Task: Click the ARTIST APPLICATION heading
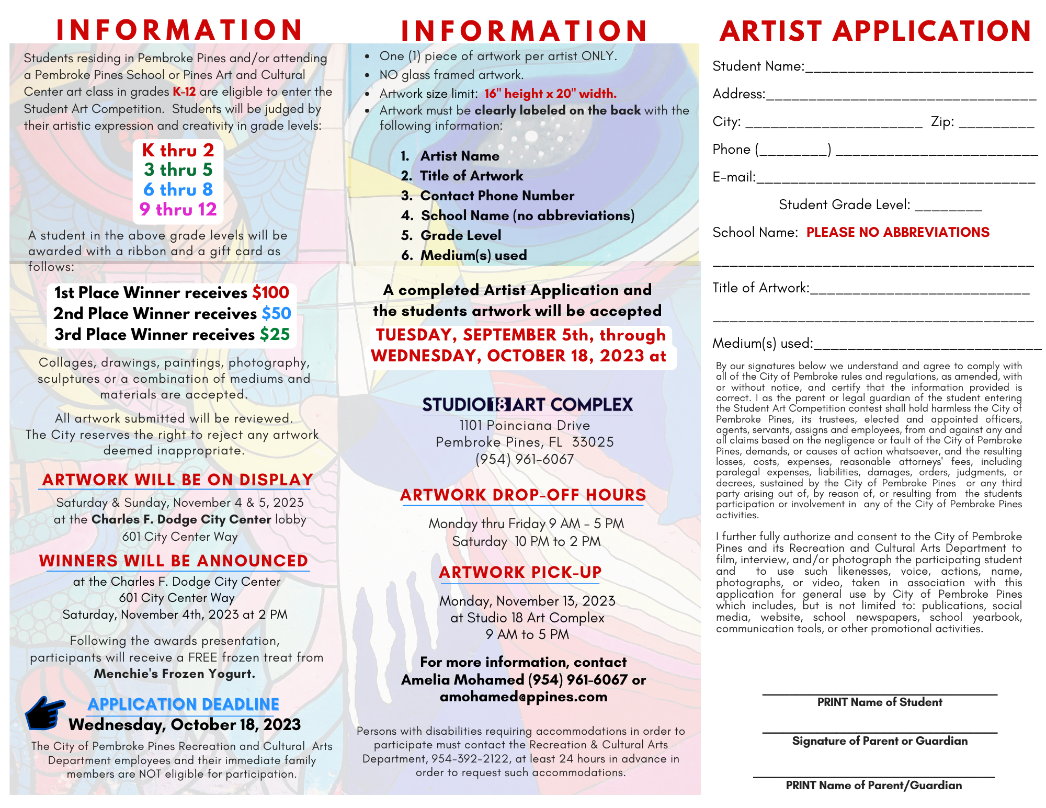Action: [875, 31]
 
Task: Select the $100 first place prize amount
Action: [270, 292]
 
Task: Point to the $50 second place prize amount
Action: [276, 313]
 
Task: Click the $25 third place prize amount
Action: [275, 334]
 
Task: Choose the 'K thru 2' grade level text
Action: [178, 151]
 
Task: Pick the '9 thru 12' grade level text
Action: [178, 209]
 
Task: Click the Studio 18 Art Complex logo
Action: [527, 404]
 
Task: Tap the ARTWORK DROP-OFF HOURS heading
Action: [523, 495]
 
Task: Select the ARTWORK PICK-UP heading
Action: [520, 572]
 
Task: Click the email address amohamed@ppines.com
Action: [524, 697]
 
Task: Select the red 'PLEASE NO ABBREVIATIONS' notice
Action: [897, 232]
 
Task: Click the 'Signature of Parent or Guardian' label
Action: [880, 741]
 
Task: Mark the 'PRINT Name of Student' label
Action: [880, 702]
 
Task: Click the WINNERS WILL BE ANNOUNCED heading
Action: [174, 561]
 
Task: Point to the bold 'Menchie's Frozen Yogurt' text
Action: [175, 674]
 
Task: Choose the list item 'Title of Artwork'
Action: [471, 176]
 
